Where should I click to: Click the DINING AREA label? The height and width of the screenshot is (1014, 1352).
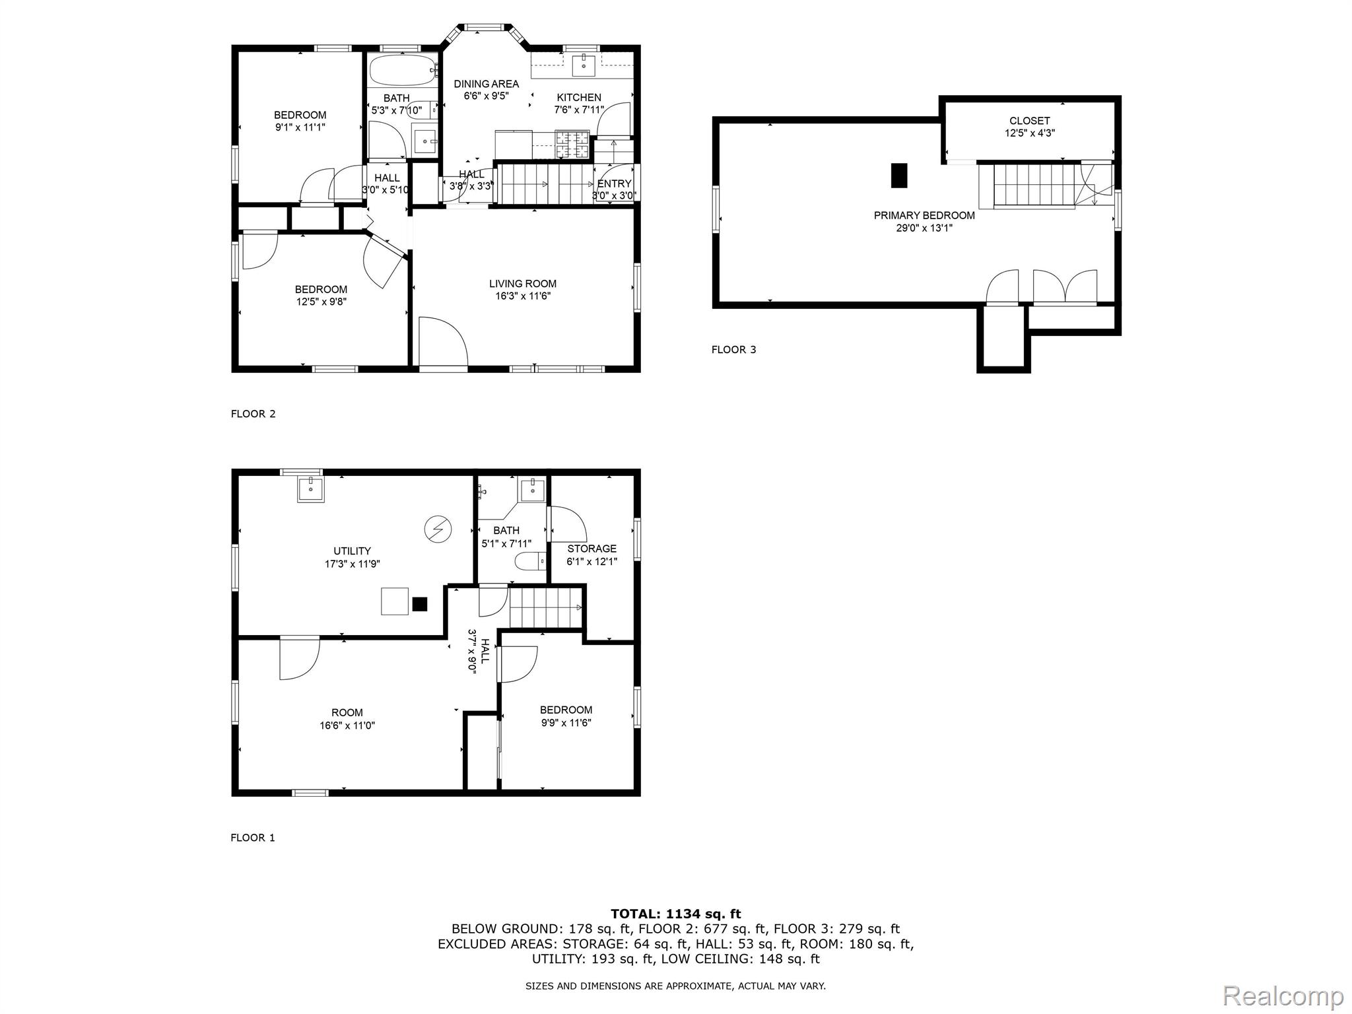tap(486, 84)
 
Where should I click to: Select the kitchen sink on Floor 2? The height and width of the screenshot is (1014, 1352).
tap(584, 63)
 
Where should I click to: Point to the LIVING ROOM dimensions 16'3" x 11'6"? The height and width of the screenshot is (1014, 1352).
tap(523, 296)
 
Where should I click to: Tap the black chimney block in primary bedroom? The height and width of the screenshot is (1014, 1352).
tap(899, 175)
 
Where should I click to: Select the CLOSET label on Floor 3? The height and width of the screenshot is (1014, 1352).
tap(1029, 121)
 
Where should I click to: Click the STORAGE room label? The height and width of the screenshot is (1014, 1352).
tap(591, 549)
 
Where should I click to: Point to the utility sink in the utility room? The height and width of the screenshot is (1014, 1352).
tap(310, 489)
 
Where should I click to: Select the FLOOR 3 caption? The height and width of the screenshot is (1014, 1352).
tap(733, 350)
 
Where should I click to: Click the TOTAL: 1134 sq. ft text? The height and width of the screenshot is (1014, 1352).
tap(675, 914)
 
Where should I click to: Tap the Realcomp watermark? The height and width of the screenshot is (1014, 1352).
tap(1283, 995)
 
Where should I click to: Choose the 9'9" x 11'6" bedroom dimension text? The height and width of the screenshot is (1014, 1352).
tap(566, 723)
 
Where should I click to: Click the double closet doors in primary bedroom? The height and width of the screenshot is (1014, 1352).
tap(1064, 287)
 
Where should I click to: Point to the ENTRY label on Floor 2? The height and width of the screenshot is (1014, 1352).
tap(614, 184)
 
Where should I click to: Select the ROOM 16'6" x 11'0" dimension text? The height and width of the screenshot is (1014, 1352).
tap(347, 726)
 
